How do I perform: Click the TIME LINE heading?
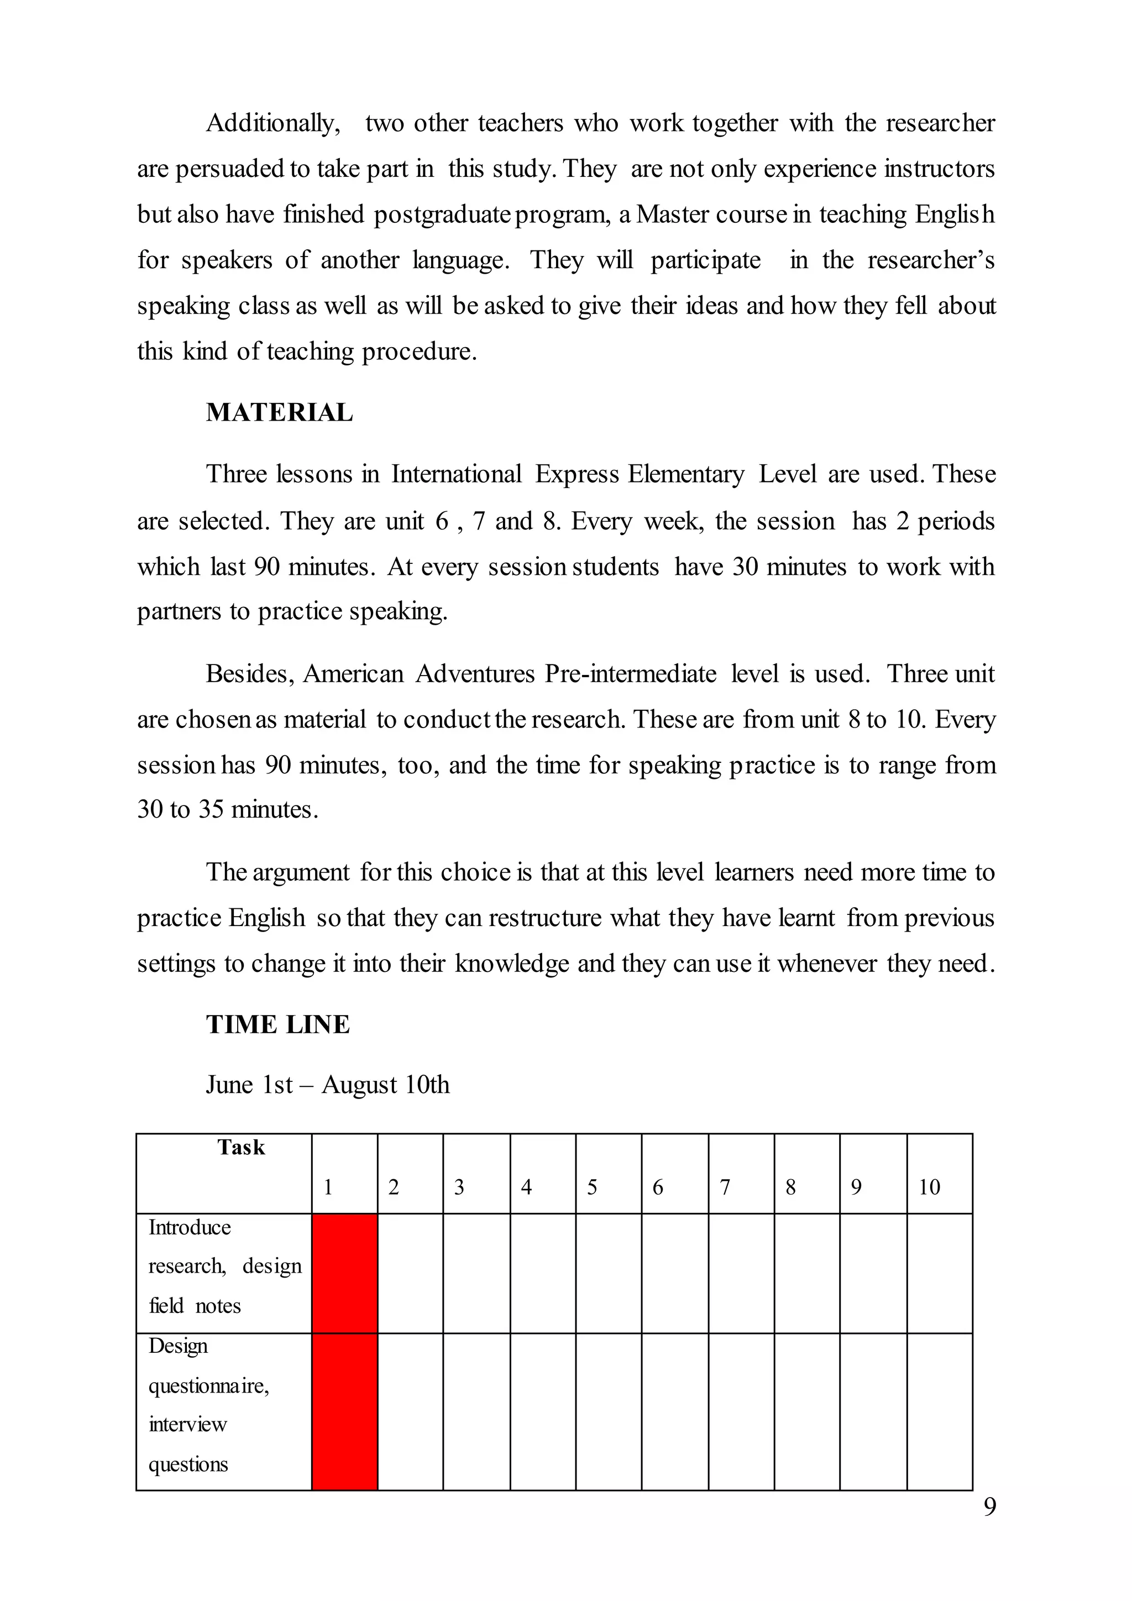(x=277, y=1024)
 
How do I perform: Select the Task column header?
(x=240, y=1147)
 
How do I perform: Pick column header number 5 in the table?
(x=592, y=1187)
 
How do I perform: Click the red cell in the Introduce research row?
(x=344, y=1273)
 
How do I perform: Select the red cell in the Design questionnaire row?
(x=344, y=1411)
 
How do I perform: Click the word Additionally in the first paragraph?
(x=272, y=123)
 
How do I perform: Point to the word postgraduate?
(x=443, y=214)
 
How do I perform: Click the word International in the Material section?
(x=456, y=474)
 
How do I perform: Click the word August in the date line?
(x=359, y=1085)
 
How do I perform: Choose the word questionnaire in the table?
(x=208, y=1385)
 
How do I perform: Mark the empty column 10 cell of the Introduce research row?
(x=939, y=1273)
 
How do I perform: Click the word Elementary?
(x=686, y=474)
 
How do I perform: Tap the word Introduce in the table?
(x=190, y=1227)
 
